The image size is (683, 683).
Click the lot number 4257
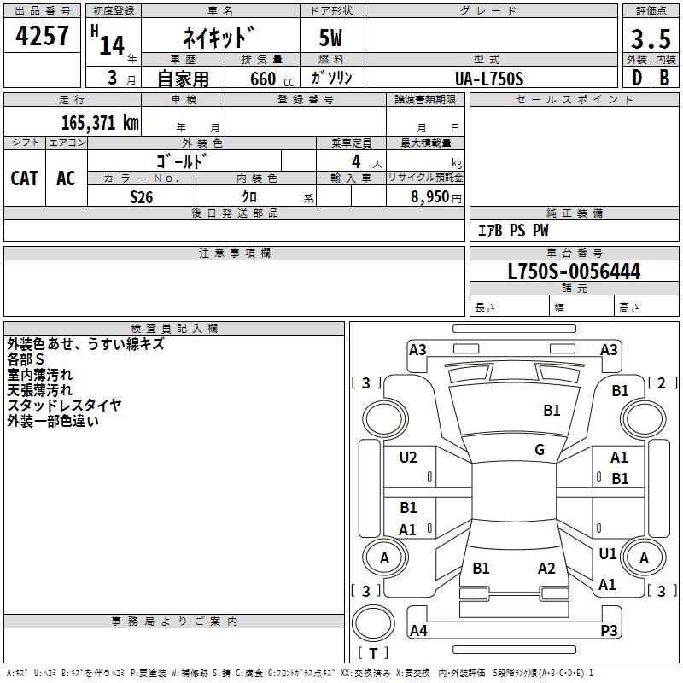42,36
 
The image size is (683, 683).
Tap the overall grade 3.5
651,38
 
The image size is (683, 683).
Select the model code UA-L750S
489,79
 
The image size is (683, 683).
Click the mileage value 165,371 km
100,122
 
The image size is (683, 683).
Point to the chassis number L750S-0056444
574,271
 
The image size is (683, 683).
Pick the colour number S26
141,197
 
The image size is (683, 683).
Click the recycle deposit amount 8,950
429,196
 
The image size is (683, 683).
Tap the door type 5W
330,38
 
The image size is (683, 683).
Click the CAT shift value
25,178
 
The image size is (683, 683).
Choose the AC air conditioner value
66,178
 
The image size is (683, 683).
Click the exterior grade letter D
637,78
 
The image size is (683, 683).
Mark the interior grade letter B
664,78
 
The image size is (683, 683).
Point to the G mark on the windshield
540,449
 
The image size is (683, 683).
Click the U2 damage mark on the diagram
408,457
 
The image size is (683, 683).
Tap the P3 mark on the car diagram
609,630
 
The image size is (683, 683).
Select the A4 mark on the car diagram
418,630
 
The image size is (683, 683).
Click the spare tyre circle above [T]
373,623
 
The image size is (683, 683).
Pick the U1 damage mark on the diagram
608,553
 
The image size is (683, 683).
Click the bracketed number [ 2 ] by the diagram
663,382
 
